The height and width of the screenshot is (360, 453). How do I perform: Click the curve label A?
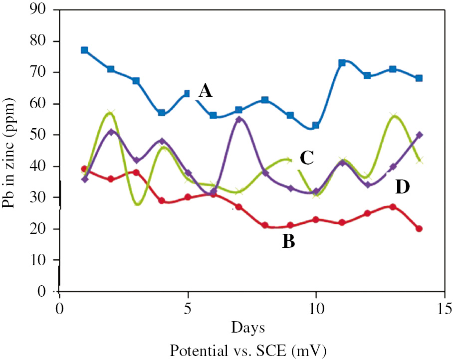click(205, 91)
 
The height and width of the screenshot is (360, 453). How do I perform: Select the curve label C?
click(306, 158)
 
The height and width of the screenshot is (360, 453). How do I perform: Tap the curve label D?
click(402, 187)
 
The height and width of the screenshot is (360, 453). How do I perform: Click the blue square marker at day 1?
click(85, 50)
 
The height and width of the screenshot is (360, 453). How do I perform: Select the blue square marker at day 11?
click(342, 63)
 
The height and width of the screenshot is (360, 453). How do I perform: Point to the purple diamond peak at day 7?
click(239, 119)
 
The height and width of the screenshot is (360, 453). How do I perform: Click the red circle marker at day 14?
click(419, 229)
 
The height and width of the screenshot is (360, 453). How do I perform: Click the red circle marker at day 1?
click(84, 169)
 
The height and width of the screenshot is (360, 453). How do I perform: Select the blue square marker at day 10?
click(316, 126)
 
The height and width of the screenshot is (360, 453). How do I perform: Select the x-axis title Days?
click(247, 328)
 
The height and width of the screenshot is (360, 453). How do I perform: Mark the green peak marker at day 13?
click(394, 116)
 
